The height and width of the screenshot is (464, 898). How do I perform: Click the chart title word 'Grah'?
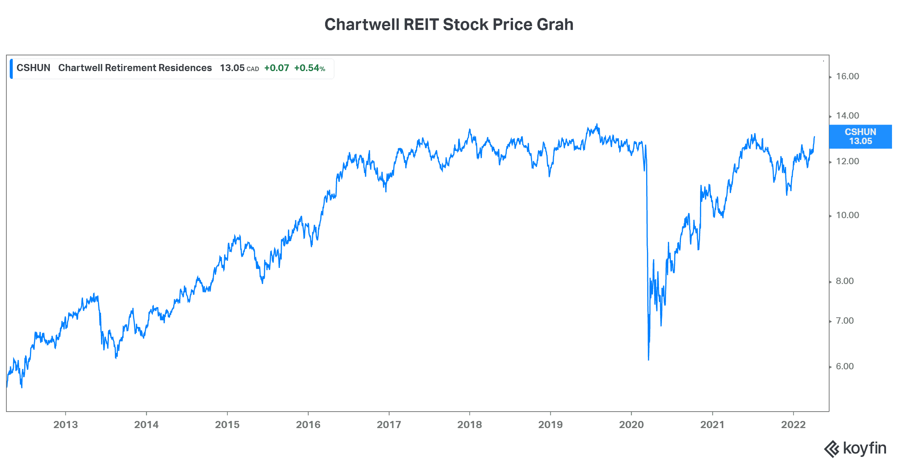tap(555, 25)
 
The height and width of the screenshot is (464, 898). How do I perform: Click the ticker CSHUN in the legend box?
tap(33, 68)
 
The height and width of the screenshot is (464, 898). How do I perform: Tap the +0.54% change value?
tap(309, 68)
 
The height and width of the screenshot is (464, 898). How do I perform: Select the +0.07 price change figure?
tap(277, 68)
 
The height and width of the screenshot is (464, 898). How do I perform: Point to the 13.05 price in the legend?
tap(232, 68)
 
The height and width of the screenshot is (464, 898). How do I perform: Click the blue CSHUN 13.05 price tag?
tap(860, 137)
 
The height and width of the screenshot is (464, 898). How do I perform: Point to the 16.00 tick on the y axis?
tap(847, 77)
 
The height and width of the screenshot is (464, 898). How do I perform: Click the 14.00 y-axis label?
tap(847, 116)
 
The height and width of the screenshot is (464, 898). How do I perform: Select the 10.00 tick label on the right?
tap(847, 216)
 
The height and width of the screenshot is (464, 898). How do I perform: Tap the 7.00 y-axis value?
tap(845, 321)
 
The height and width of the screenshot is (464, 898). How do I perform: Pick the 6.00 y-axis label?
tap(845, 367)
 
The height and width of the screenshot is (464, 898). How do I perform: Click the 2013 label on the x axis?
tap(65, 425)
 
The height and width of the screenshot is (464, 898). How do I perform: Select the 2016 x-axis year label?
tap(308, 425)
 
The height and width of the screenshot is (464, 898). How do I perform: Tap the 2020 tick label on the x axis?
tap(631, 425)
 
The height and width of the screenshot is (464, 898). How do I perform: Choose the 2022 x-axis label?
tap(793, 425)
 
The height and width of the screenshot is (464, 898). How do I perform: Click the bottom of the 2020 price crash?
tap(648, 360)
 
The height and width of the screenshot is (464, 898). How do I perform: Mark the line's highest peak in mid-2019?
tap(597, 125)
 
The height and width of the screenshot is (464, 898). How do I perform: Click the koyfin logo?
tap(855, 449)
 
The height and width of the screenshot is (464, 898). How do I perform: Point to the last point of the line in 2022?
tap(814, 137)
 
